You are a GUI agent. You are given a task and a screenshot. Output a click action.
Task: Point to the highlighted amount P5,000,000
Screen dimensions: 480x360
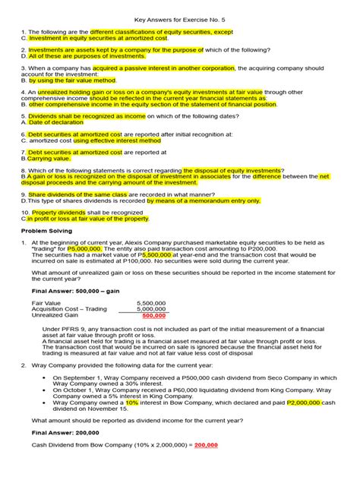(x=85, y=248)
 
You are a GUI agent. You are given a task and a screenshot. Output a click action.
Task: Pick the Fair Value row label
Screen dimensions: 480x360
(x=47, y=302)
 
